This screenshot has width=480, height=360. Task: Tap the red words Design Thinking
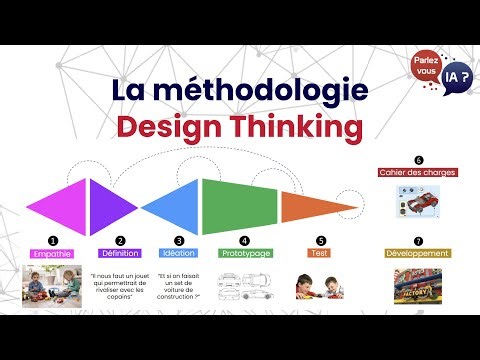click(239, 128)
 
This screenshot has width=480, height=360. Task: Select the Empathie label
click(53, 254)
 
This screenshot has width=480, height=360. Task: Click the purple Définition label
click(119, 254)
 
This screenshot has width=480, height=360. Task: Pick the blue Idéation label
click(179, 254)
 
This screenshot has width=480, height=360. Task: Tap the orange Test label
click(320, 254)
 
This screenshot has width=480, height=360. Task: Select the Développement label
click(418, 254)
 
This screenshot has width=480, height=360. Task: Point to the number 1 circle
click(53, 241)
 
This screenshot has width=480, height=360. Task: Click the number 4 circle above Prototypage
click(244, 241)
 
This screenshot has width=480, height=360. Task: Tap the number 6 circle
click(418, 160)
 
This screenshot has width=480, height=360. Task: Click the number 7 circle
click(418, 241)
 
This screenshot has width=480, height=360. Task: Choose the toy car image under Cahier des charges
click(417, 200)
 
